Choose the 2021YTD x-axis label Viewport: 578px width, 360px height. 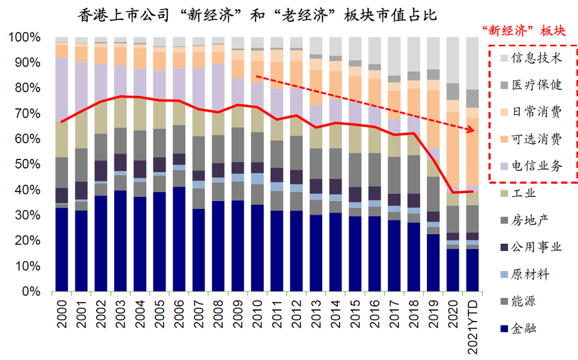coord(473,325)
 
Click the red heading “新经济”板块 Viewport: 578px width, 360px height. coord(524,31)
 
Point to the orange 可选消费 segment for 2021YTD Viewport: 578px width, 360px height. coord(473,151)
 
